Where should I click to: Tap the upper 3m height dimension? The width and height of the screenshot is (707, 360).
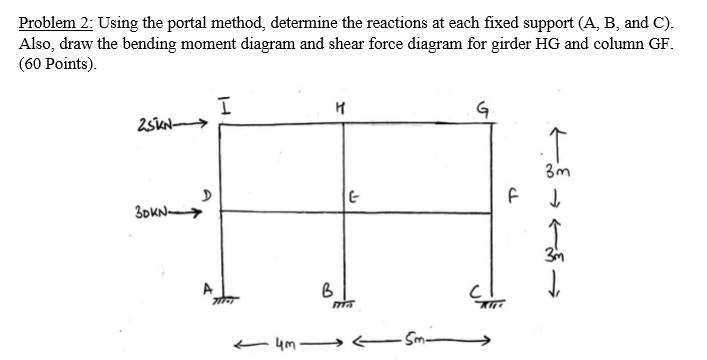coord(556,170)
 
